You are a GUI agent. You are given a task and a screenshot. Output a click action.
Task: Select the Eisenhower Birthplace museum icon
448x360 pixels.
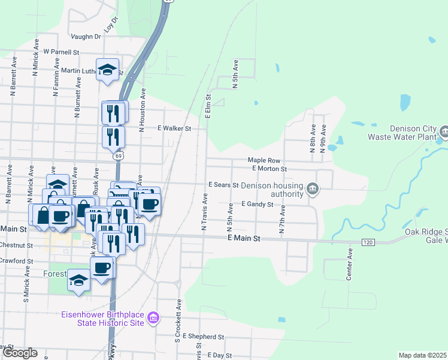click(153, 317)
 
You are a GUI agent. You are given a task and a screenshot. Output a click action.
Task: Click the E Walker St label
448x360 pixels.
click(174, 128)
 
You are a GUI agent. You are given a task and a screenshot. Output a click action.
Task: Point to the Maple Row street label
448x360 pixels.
click(264, 161)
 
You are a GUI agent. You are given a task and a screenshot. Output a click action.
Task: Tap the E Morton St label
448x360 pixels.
click(270, 169)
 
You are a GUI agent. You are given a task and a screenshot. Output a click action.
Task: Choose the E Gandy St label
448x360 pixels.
click(257, 205)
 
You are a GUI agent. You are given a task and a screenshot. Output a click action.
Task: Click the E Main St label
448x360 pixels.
click(244, 239)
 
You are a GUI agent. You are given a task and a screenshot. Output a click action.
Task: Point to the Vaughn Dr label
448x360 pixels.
click(85, 37)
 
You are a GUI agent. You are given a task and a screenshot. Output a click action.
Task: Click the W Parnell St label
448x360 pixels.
click(61, 52)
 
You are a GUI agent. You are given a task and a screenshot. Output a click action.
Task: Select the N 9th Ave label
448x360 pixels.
click(323, 139)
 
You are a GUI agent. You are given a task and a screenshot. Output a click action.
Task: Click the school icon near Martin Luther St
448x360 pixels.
click(108, 70)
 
